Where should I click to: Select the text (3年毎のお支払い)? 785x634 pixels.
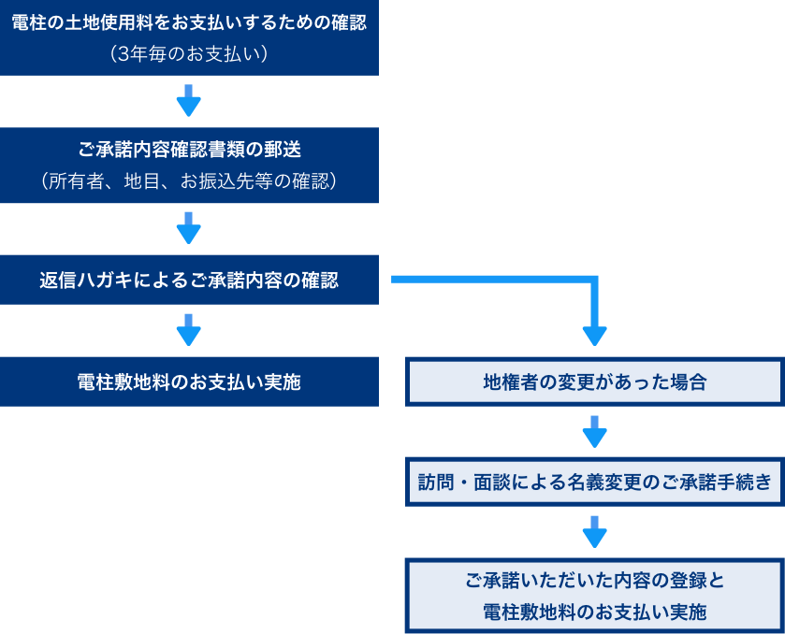pyautogui.click(x=189, y=54)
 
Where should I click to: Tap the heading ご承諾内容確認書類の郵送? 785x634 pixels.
pyautogui.click(x=189, y=150)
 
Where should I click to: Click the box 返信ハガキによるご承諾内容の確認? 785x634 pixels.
pyautogui.click(x=189, y=280)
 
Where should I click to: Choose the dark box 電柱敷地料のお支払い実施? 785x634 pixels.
pyautogui.click(x=189, y=382)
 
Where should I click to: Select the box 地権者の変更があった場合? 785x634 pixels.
pyautogui.click(x=594, y=382)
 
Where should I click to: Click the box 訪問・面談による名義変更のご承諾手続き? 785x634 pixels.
pyautogui.click(x=594, y=482)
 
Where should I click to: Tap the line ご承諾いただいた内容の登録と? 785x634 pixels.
pyautogui.click(x=594, y=580)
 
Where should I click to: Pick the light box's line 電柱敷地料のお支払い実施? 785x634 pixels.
pyautogui.click(x=594, y=612)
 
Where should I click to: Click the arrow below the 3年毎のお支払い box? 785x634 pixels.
pyautogui.click(x=189, y=101)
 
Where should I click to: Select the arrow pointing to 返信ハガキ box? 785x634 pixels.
pyautogui.click(x=189, y=228)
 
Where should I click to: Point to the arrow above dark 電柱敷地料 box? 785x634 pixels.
pyautogui.click(x=189, y=330)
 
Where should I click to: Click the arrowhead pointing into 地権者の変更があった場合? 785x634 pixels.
pyautogui.click(x=594, y=334)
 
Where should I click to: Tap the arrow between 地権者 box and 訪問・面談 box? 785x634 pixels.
pyautogui.click(x=594, y=432)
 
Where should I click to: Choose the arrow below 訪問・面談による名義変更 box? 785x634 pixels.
pyautogui.click(x=594, y=532)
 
